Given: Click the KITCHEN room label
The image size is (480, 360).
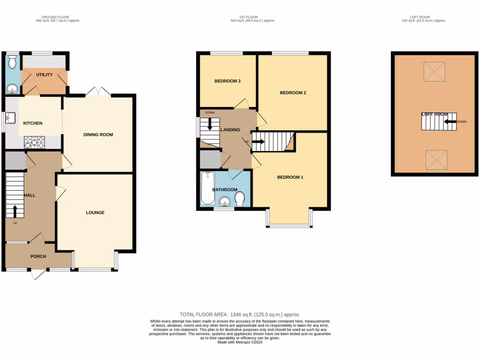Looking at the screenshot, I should point(33,123).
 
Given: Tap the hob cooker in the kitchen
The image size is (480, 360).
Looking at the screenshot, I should point(34,142).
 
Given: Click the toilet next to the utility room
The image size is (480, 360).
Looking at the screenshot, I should point(13,62).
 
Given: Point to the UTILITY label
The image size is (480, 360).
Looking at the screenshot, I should point(45,75).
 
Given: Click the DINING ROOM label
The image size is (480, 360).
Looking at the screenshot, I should point(98,135).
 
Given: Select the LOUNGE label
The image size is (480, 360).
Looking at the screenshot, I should point(95,212).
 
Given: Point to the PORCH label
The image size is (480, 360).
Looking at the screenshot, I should point(38,256).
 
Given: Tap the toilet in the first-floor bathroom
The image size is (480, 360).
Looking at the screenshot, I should point(240,198).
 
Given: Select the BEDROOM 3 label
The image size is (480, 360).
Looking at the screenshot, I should point(227,81).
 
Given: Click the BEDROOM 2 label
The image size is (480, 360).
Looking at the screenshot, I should point(293,93).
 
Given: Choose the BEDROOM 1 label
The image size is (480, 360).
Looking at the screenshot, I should point(290,177).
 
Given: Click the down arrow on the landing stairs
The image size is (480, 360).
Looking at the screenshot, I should point(210,124).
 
